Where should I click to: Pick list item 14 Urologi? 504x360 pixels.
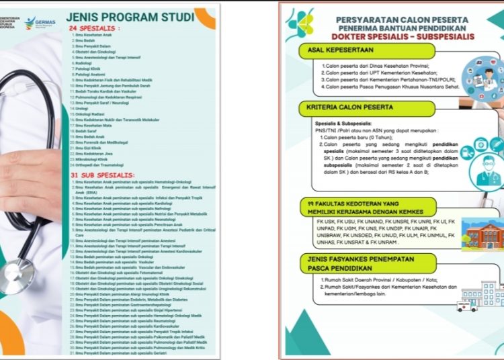coord(81,108)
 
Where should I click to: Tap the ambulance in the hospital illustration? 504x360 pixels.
coord(466,306)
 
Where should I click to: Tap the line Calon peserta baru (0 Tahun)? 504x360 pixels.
coord(359,137)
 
